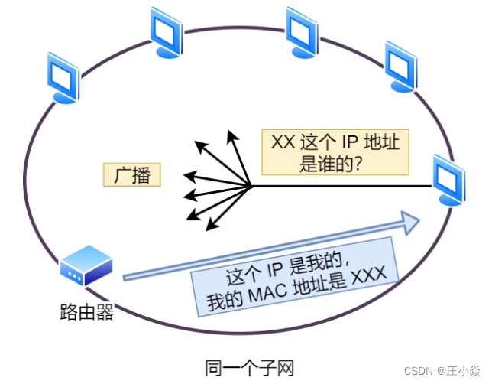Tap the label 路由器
pyautogui.click(x=86, y=311)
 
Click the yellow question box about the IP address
pyautogui.click(x=335, y=151)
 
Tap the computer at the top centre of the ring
pyautogui.click(x=301, y=31)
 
